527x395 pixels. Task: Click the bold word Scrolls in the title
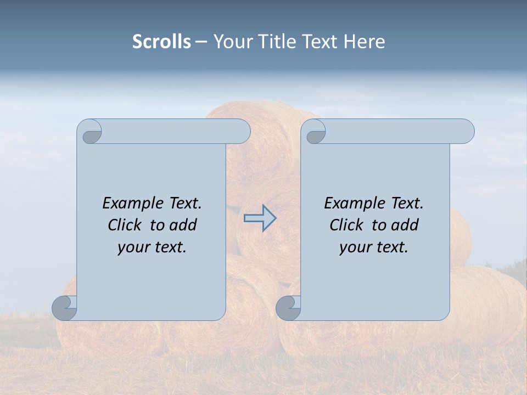tap(161, 42)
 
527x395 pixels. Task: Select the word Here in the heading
tap(364, 42)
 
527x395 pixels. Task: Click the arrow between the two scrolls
tap(260, 218)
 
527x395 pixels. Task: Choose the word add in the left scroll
tap(183, 225)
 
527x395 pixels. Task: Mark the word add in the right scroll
tap(405, 225)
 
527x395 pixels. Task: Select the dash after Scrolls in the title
tap(201, 42)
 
